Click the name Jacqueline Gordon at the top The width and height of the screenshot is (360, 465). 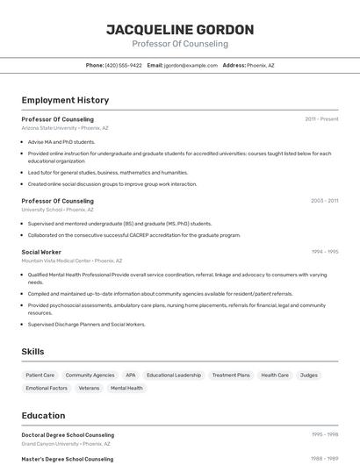coord(180,30)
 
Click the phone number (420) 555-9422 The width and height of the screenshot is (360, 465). coord(123,65)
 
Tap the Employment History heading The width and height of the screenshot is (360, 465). coord(65,100)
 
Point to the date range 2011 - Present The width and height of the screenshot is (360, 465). coord(321,118)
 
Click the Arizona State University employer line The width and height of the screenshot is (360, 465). coord(65,128)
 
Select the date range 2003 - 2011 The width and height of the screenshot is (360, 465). coord(324,200)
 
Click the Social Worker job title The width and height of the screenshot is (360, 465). coord(41,252)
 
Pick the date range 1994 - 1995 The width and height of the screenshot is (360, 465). coord(324,252)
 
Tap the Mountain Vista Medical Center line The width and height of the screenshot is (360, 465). coord(72,261)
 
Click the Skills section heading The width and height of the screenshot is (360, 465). coord(33,351)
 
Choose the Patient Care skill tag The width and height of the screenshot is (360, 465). coord(40,375)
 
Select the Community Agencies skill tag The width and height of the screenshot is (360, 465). coord(90,375)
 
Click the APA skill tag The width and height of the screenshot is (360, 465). coord(131,375)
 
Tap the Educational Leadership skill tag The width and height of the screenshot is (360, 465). coord(174,375)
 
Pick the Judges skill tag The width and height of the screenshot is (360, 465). coord(309,375)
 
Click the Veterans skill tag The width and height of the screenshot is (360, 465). coord(89,388)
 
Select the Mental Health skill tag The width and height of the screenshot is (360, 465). coord(126,388)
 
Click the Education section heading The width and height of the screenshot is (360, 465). coord(43,416)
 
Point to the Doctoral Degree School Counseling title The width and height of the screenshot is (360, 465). coord(68,434)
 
